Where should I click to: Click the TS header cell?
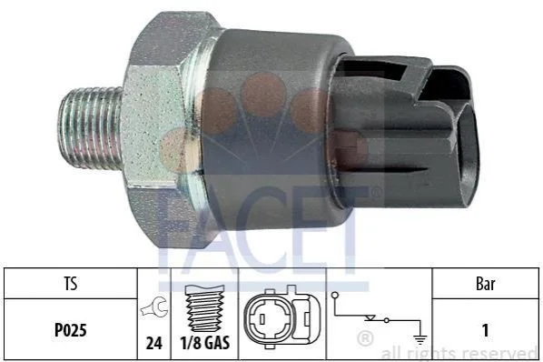pos(71,283)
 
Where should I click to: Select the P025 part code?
pos(70,330)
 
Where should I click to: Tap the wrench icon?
pos(154,307)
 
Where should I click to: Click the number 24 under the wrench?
pos(154,343)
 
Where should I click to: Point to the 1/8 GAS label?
pos(204,343)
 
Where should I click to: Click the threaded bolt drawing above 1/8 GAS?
pos(204,308)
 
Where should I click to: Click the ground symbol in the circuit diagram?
pos(420,339)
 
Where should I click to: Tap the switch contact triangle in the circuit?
pos(370,317)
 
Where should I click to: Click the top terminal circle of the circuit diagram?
pos(335,296)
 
